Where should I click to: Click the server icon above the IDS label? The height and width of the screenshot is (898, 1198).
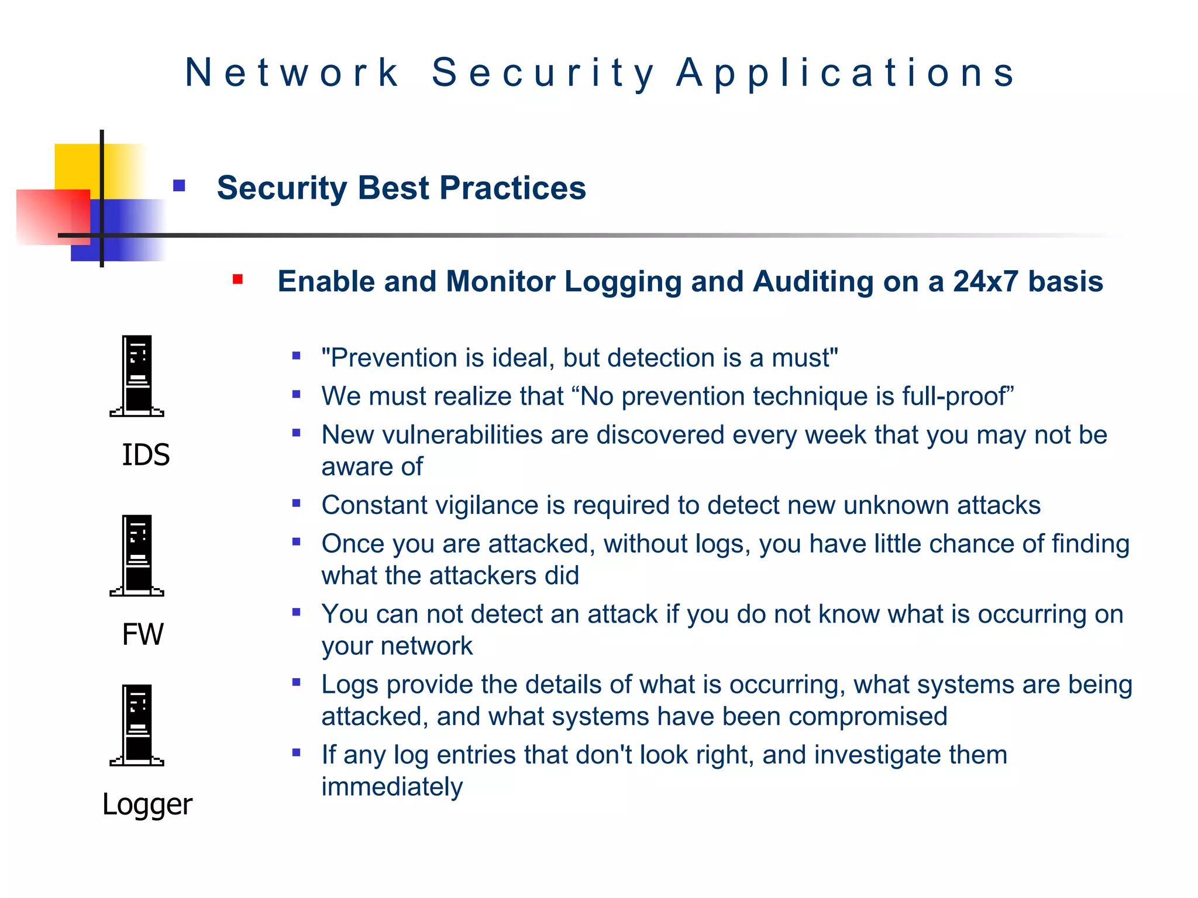tap(137, 376)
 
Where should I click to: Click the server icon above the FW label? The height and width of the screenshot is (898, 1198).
tap(137, 555)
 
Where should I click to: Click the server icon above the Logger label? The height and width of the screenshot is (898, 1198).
tap(137, 725)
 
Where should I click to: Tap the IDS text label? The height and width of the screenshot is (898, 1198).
tap(146, 455)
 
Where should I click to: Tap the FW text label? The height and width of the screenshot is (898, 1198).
tap(143, 634)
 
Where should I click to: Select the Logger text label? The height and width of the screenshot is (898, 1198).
tap(147, 804)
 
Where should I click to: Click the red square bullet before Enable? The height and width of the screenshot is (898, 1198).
tap(237, 279)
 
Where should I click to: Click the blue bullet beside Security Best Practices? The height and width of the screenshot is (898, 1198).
tap(179, 186)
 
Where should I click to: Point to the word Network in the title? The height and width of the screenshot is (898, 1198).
tap(292, 73)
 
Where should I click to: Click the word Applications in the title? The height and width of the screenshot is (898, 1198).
tap(846, 73)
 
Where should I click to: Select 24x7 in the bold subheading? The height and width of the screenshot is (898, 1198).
tap(986, 281)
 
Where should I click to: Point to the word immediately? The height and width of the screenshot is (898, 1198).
tap(392, 787)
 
